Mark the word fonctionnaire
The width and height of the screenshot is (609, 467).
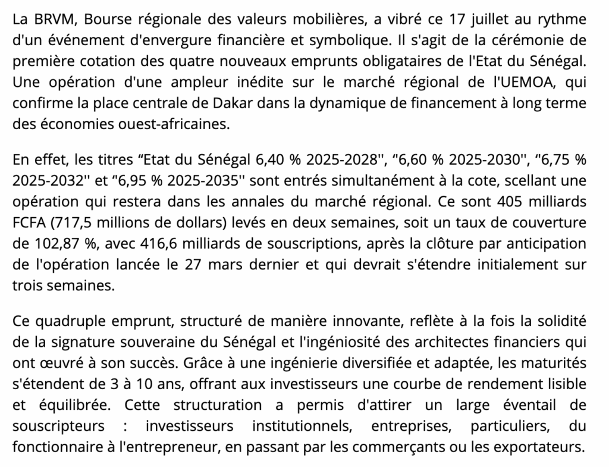pos(50,447)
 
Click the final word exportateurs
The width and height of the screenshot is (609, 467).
pos(542,447)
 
